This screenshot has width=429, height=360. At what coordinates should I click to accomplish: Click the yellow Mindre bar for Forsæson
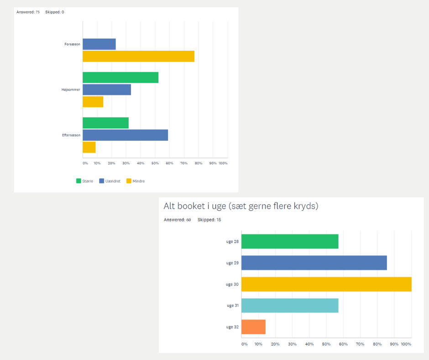[138, 56]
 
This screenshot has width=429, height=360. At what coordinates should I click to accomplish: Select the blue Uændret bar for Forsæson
[99, 44]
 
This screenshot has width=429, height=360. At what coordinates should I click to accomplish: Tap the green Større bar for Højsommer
[120, 78]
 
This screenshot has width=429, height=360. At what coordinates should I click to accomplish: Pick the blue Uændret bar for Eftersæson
[125, 135]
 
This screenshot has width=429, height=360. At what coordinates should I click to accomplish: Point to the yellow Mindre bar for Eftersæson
[89, 147]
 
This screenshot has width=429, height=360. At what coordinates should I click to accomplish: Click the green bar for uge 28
[289, 241]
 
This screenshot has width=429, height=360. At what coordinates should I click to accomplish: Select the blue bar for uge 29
[314, 263]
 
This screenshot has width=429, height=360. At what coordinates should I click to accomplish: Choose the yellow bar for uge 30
[326, 284]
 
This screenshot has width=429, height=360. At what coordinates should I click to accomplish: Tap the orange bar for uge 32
[253, 327]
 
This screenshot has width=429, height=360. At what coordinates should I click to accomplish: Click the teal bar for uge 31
[289, 306]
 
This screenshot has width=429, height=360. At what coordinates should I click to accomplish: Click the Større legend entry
[85, 181]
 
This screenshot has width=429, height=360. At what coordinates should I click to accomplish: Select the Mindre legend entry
[136, 181]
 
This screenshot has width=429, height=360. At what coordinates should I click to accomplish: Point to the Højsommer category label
[71, 90]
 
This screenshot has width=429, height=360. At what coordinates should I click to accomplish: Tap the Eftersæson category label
[71, 135]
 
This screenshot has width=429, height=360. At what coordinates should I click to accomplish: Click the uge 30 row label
[232, 284]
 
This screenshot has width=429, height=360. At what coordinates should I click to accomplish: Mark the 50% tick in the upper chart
[155, 163]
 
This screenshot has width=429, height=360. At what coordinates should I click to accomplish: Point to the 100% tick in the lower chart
[406, 344]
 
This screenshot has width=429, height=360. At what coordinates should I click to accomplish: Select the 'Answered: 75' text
[28, 12]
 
